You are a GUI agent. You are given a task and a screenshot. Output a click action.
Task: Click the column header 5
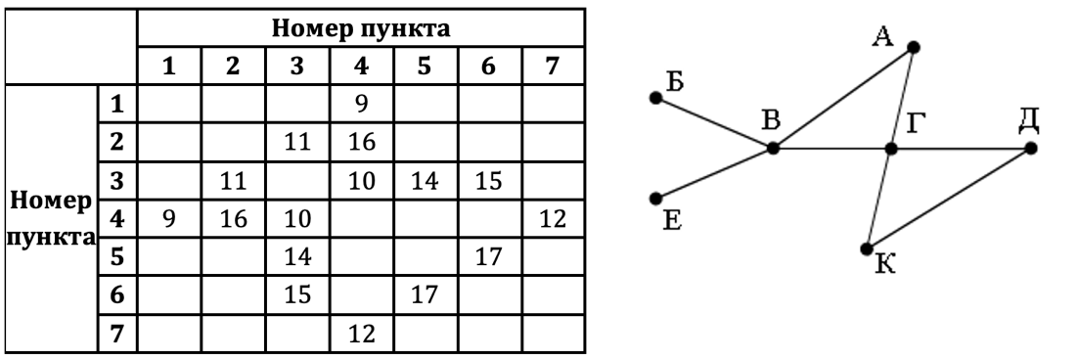point(427,69)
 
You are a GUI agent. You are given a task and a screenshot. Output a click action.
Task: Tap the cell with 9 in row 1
point(362,100)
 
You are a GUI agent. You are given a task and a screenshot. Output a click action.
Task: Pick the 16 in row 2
point(362,142)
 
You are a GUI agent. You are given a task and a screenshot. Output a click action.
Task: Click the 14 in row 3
point(427,182)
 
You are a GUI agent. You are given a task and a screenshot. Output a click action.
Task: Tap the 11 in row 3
point(233,182)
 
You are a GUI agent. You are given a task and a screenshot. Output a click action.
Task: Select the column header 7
point(555,69)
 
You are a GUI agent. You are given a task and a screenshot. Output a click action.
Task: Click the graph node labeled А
point(913,46)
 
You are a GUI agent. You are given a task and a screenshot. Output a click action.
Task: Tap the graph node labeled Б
point(655,98)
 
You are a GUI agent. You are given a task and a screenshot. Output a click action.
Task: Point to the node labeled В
point(773,149)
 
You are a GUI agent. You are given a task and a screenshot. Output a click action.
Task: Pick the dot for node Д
point(1030,149)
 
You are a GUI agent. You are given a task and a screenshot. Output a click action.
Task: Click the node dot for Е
point(655,199)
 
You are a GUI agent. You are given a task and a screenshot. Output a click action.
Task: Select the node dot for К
point(867,248)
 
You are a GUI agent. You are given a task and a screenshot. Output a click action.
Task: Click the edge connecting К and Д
point(949,199)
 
